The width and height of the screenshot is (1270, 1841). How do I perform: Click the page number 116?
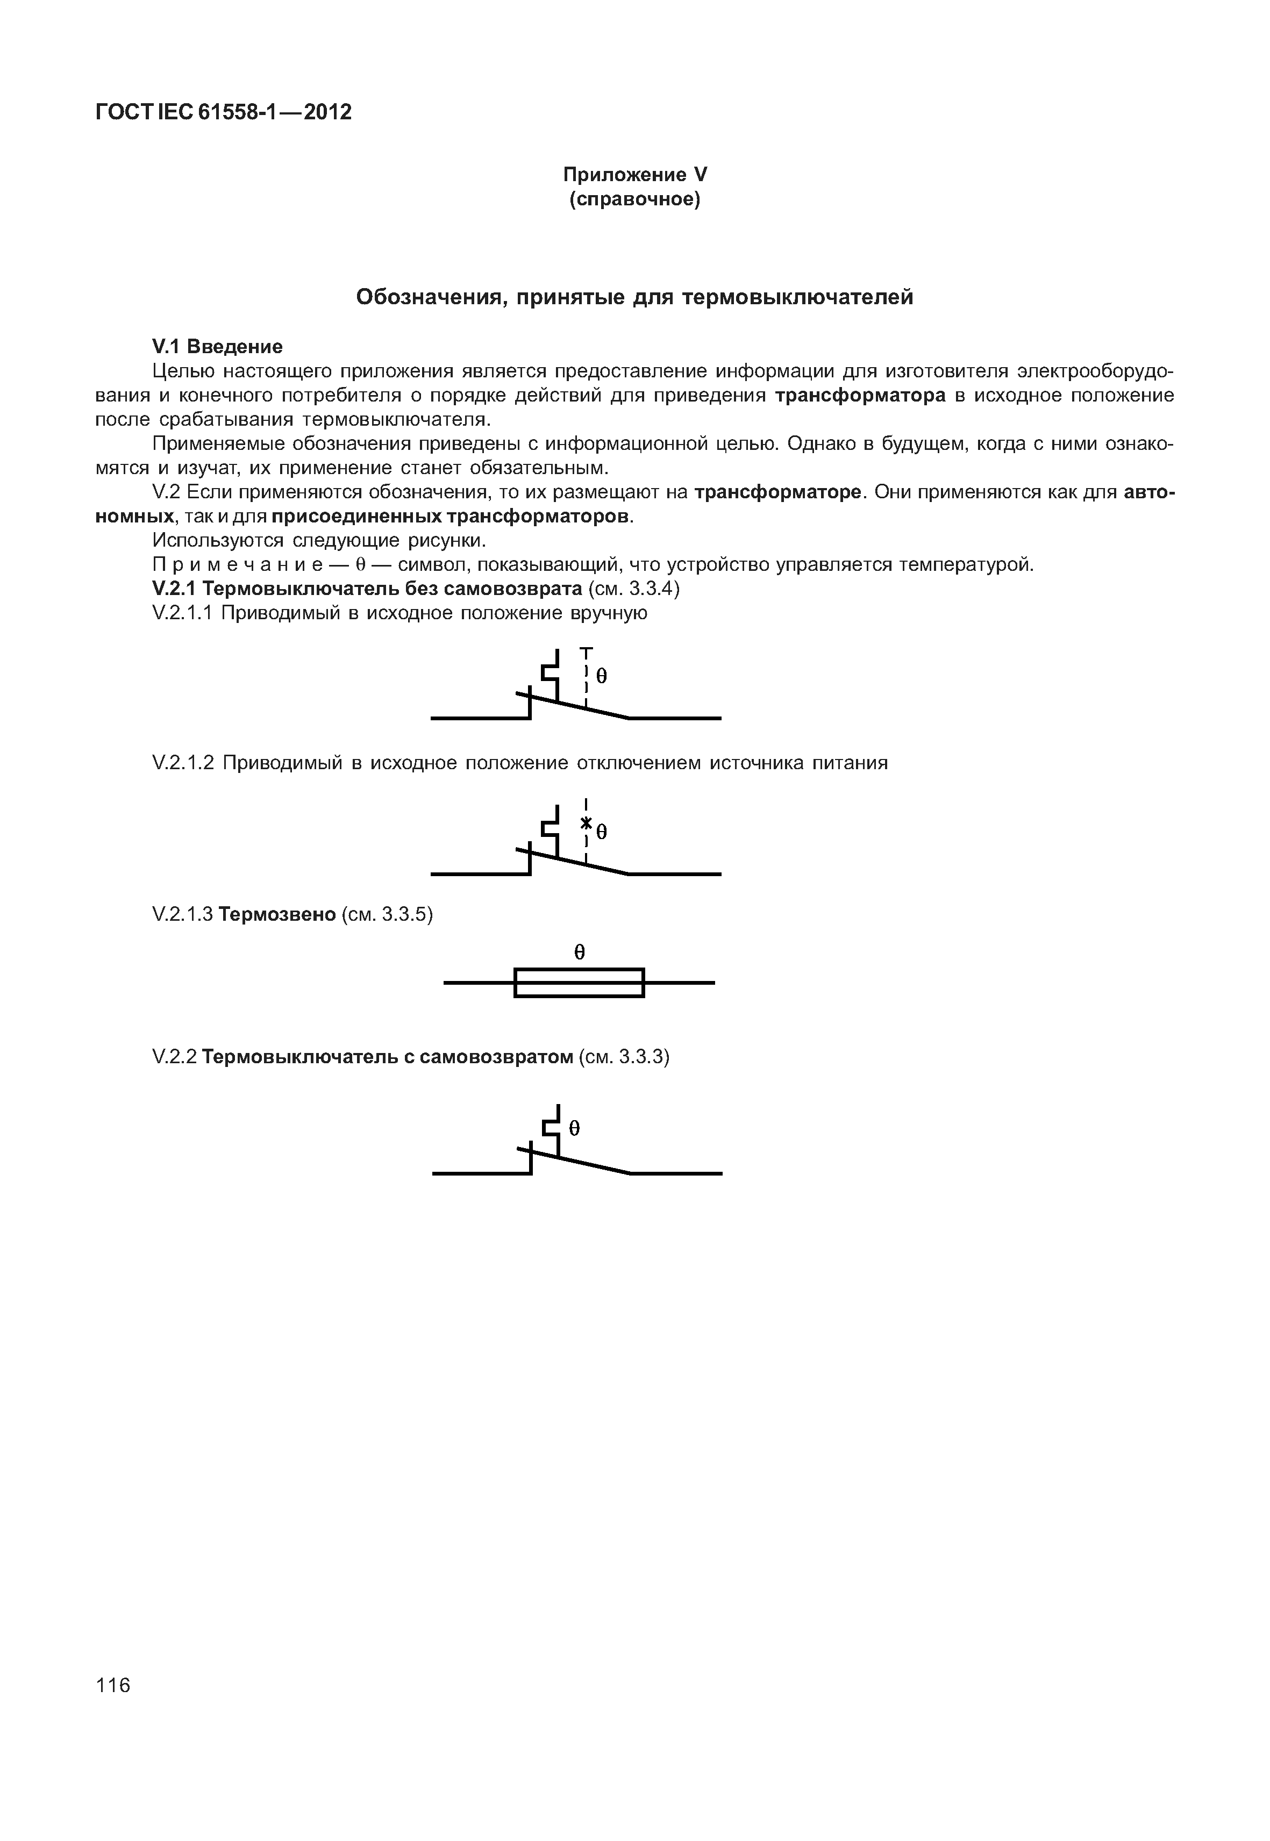(x=113, y=1685)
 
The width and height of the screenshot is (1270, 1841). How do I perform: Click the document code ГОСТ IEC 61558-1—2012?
(x=223, y=112)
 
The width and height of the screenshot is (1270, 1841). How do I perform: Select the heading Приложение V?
(x=635, y=174)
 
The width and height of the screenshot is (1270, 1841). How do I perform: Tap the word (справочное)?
(x=635, y=199)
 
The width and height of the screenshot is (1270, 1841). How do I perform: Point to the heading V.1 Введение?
(x=217, y=346)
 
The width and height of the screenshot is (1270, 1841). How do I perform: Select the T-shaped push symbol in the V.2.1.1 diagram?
(x=587, y=653)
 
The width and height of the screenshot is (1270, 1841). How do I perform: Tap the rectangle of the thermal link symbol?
(x=579, y=983)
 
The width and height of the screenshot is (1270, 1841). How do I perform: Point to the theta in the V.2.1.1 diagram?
(x=602, y=676)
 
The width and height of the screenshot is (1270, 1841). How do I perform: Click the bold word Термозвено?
(x=277, y=914)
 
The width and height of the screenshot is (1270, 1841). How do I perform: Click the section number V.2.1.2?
(x=183, y=763)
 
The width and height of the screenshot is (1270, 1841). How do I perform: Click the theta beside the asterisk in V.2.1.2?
(x=602, y=832)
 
